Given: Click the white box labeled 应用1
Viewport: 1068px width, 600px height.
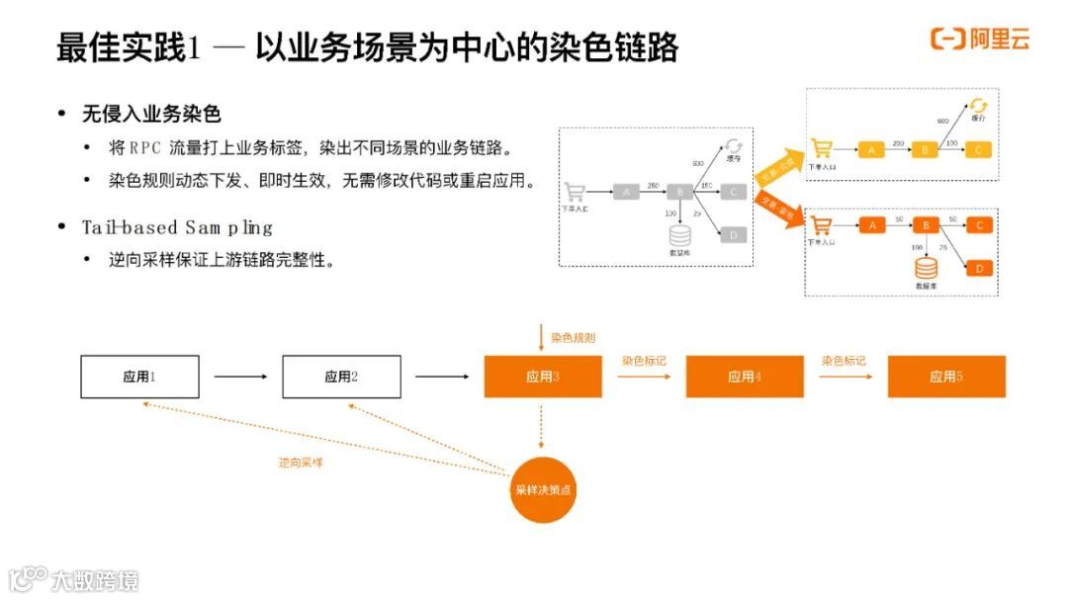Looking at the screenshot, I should [x=139, y=377].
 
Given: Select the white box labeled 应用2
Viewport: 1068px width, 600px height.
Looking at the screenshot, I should [x=341, y=377].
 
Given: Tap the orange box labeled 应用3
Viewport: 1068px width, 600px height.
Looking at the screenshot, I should [x=543, y=377].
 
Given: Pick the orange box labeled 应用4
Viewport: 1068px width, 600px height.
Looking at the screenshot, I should [x=745, y=377].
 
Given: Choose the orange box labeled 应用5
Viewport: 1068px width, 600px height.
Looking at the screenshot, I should [x=946, y=377].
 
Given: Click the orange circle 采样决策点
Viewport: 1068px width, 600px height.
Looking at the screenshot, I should [x=543, y=489].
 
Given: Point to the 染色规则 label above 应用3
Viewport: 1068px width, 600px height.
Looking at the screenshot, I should [x=574, y=337].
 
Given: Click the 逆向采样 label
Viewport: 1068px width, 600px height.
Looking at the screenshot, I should [x=301, y=463].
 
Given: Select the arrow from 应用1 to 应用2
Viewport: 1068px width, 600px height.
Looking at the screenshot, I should [x=240, y=377].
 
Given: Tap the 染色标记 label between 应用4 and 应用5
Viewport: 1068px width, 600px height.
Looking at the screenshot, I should [x=844, y=361].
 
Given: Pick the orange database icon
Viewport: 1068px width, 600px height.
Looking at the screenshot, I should [x=926, y=268].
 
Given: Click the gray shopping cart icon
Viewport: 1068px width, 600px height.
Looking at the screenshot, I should [x=575, y=192].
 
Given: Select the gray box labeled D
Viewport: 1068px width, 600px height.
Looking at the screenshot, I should [x=733, y=235].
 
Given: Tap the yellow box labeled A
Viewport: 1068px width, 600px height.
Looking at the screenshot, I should [x=871, y=149].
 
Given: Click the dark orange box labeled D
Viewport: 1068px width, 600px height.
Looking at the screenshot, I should [x=979, y=268].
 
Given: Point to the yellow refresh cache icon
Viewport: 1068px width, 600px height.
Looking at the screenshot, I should [x=978, y=106].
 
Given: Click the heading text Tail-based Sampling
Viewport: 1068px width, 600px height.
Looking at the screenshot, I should [x=177, y=228].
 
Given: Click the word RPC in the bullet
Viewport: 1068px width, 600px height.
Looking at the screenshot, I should [x=147, y=148].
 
